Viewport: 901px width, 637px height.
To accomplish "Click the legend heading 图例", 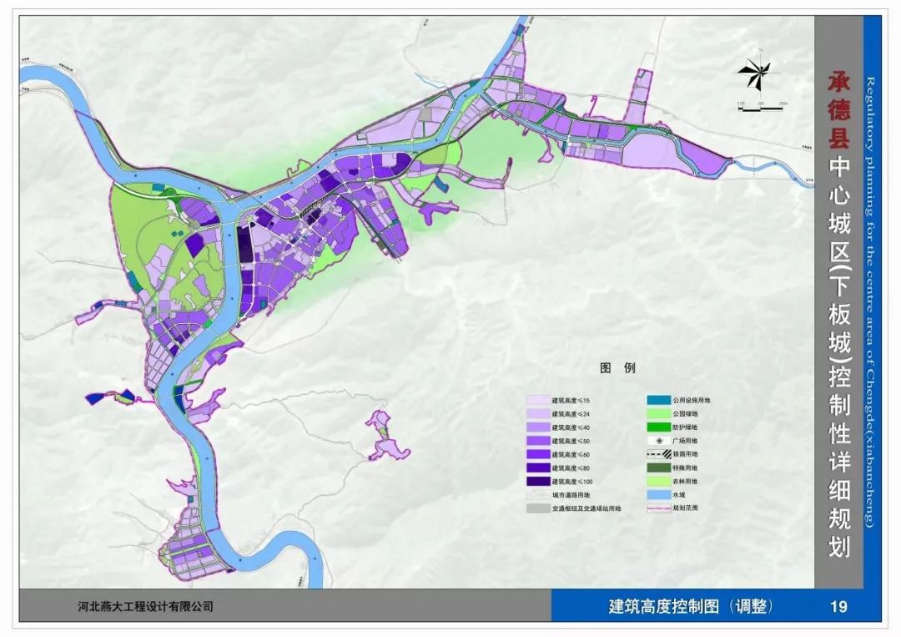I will [x=617, y=368].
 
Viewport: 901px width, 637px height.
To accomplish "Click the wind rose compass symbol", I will [x=756, y=75].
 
